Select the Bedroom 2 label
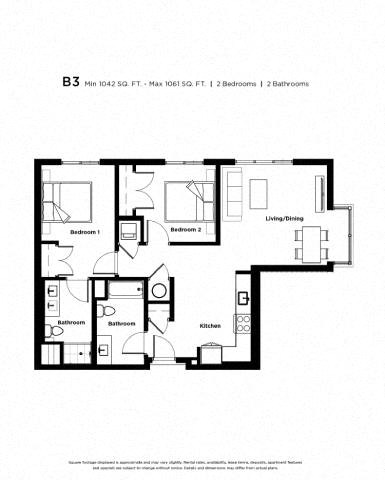click(x=186, y=229)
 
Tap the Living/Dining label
click(x=283, y=218)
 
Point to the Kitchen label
click(x=210, y=326)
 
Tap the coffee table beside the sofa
click(x=258, y=192)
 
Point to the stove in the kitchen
click(x=241, y=324)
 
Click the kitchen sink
click(x=241, y=296)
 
